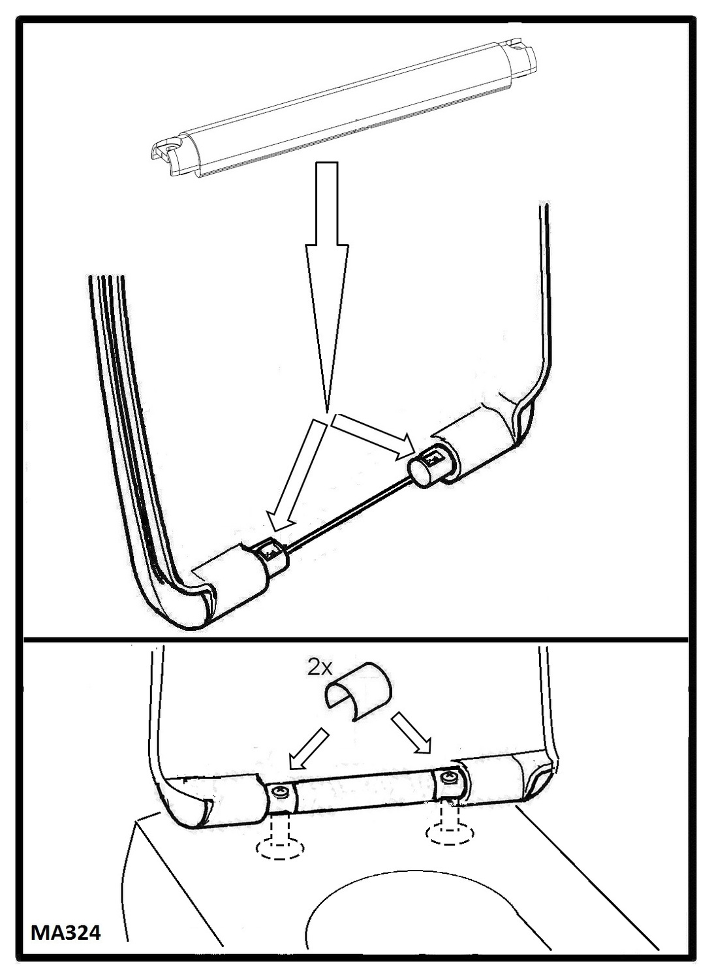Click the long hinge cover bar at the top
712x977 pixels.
click(x=343, y=112)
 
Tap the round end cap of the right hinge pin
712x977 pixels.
click(x=420, y=472)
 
